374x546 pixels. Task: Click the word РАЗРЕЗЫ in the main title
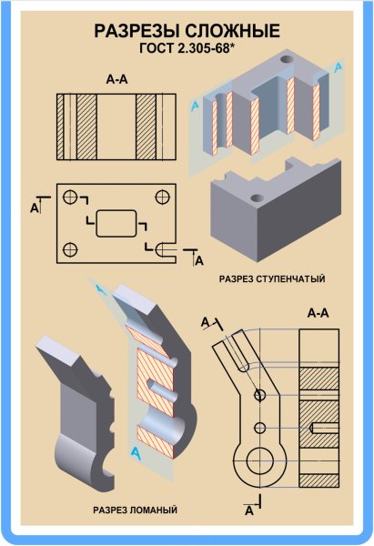[137, 31]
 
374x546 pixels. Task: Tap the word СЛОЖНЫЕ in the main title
[232, 31]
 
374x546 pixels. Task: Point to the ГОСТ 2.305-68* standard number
[186, 48]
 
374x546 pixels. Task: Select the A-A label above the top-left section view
[117, 80]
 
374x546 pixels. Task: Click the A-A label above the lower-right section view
[318, 313]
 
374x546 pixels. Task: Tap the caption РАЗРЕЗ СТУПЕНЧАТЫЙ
[272, 279]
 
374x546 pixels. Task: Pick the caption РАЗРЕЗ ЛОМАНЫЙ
[135, 511]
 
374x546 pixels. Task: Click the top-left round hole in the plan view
[70, 197]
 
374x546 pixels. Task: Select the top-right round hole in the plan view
[162, 197]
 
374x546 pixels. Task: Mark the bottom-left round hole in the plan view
[70, 249]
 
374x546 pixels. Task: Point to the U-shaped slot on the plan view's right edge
[157, 249]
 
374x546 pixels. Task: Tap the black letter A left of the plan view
[35, 208]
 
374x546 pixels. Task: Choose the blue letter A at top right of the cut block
[338, 67]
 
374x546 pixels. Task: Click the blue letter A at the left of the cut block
[195, 106]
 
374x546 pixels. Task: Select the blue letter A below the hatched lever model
[136, 452]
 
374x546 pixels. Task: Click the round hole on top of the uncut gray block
[258, 198]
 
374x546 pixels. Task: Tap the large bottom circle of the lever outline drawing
[259, 460]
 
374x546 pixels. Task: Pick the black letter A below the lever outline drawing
[249, 511]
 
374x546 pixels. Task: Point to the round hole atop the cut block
[288, 58]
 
